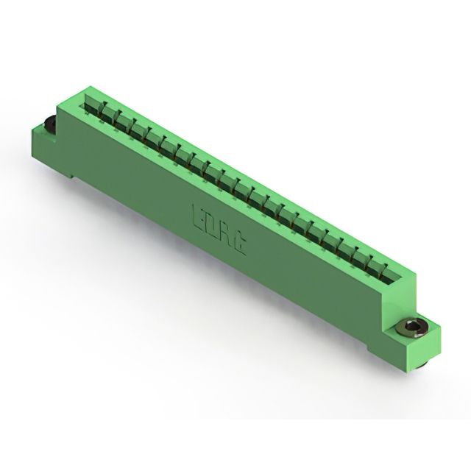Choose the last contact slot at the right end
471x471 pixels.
[391, 269]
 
